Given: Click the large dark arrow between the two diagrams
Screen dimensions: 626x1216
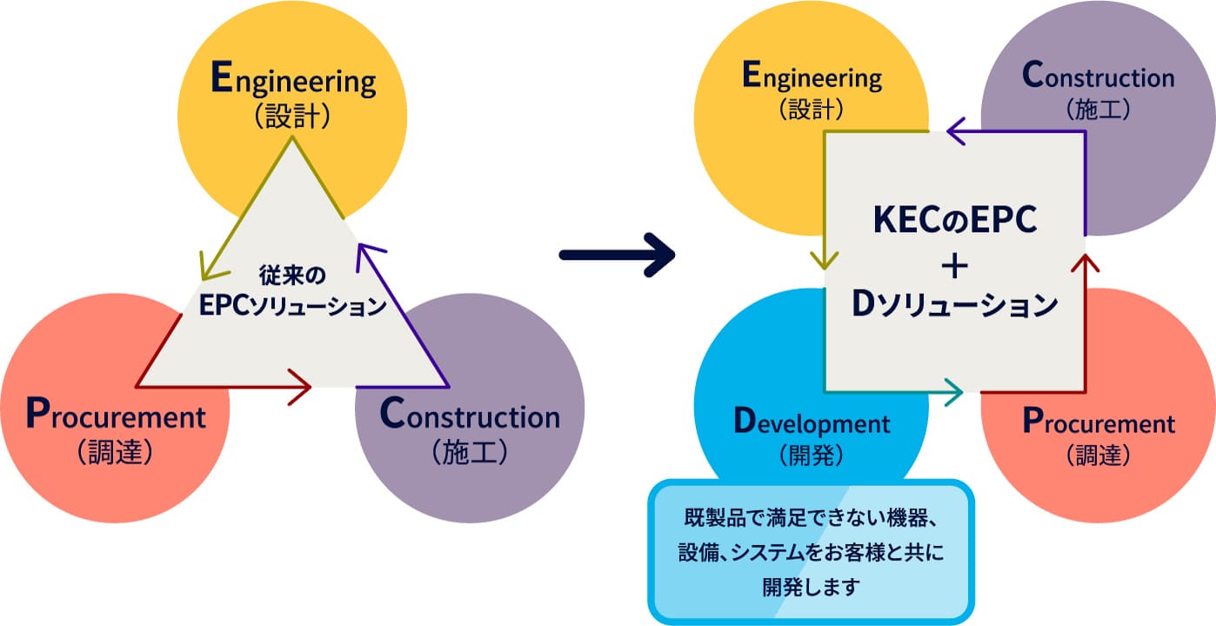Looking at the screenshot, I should [617, 255].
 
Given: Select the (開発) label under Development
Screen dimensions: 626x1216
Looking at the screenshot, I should [812, 454].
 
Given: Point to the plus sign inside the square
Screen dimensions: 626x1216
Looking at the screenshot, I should [954, 265].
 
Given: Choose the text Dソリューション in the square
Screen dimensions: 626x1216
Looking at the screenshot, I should [954, 305].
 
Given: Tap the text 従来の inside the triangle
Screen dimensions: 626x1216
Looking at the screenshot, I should [291, 277].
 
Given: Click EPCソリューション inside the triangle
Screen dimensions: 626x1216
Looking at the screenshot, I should [291, 306].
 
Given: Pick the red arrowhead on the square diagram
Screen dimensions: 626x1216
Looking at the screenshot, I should [1085, 264].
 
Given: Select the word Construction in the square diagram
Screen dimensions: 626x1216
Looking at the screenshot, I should [1098, 77].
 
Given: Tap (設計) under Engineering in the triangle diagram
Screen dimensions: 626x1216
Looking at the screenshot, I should [293, 117].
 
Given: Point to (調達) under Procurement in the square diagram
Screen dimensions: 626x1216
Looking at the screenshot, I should [1098, 455].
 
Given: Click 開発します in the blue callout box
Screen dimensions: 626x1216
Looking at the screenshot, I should [811, 586].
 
